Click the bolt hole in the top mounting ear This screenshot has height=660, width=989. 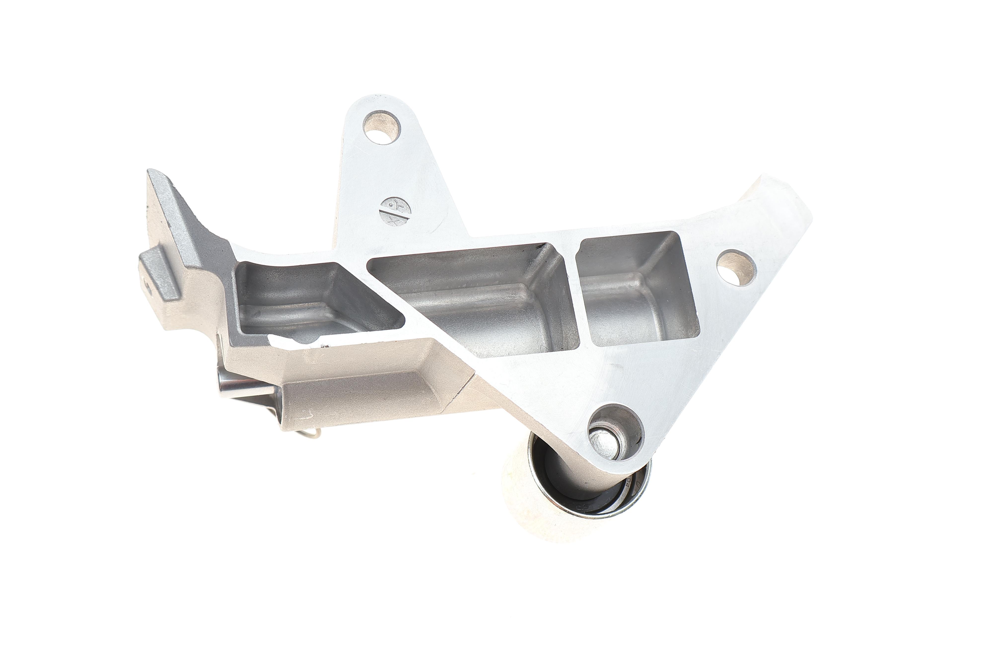(381, 127)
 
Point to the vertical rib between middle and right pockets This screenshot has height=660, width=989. (573, 290)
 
